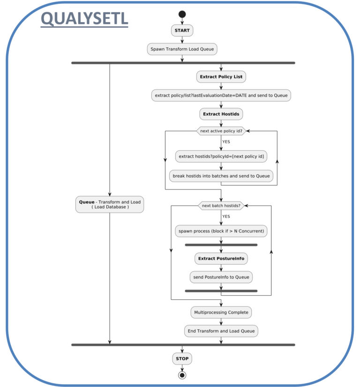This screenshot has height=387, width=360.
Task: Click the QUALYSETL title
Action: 84,19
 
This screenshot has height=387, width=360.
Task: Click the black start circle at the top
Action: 182,14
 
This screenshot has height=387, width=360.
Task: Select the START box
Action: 182,30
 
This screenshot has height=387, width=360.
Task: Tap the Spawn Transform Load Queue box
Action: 182,49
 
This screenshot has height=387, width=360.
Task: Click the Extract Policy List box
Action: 221,77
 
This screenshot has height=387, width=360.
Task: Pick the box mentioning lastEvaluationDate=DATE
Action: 221,95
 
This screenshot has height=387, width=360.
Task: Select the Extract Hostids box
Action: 221,113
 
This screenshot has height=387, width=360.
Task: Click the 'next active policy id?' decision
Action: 221,131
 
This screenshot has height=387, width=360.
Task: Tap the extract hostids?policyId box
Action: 221,156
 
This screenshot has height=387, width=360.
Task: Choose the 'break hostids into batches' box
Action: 221,176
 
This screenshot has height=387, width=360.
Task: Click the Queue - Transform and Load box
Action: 110,204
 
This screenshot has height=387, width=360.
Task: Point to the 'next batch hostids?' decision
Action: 221,206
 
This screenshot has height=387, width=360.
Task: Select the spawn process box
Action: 221,231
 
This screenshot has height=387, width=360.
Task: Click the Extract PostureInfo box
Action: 221,258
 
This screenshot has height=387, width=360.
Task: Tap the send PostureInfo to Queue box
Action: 221,277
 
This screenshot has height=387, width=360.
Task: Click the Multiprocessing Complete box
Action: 221,312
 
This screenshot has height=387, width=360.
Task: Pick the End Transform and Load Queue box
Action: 221,331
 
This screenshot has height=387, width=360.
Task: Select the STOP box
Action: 182,359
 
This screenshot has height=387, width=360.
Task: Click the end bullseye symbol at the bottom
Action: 182,375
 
